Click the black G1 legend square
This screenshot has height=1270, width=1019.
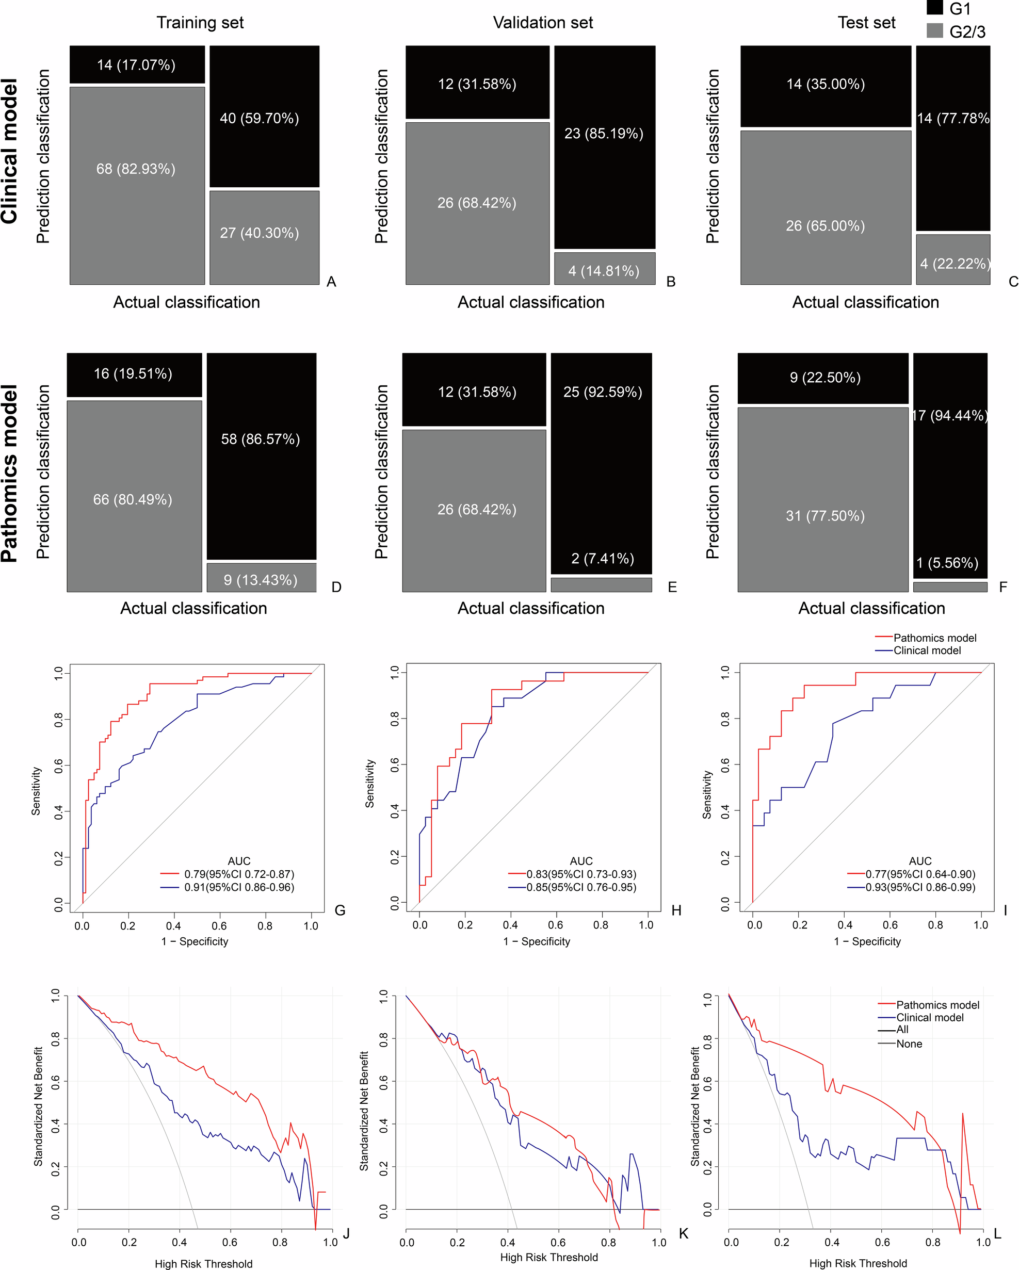coord(935,7)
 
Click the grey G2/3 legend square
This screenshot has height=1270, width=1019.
coord(935,30)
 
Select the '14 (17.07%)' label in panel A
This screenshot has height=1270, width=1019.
coord(136,65)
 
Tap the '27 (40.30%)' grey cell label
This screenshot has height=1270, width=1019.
coord(259,233)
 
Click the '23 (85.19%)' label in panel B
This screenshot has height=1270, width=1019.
coord(604,134)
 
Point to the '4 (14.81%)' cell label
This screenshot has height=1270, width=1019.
coord(604,271)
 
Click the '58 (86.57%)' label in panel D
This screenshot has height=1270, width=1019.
coord(261,439)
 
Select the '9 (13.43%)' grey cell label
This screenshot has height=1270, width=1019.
coord(261,580)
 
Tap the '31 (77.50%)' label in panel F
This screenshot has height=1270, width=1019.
coord(825,516)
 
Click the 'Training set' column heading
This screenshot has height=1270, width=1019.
coord(200,22)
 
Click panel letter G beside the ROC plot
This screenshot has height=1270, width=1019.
coord(340,910)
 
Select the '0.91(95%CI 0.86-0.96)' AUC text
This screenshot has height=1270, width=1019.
coord(239,887)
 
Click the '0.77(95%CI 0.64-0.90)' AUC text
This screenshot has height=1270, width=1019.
coord(920,874)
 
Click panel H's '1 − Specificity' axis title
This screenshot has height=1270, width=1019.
coord(536,941)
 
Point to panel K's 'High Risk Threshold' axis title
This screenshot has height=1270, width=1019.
coord(548,1257)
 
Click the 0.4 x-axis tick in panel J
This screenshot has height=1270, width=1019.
coord(179,1242)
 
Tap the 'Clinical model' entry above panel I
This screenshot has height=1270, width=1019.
coord(927,650)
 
